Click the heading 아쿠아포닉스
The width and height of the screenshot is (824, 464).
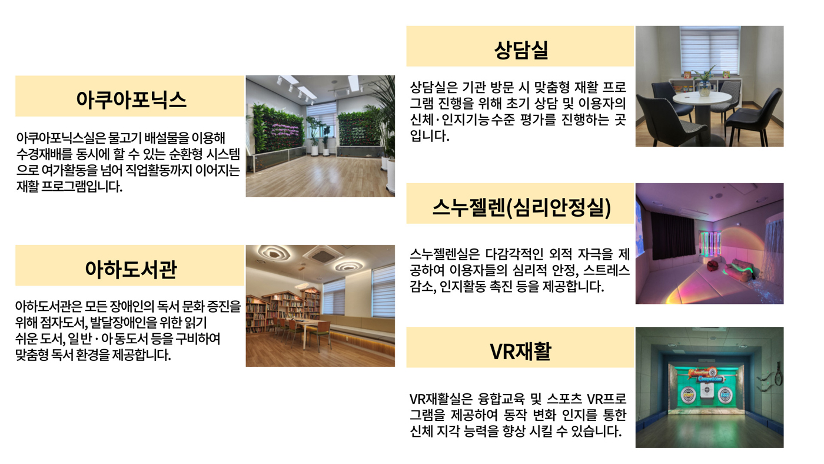click(x=131, y=100)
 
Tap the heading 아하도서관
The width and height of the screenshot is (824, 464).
click(x=131, y=269)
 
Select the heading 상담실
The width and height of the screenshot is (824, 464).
click(x=521, y=49)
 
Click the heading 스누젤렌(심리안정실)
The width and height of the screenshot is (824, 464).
click(x=521, y=207)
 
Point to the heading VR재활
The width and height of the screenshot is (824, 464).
click(x=520, y=351)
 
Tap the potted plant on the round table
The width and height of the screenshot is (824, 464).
click(x=704, y=81)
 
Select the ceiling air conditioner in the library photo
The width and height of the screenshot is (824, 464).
click(x=323, y=254)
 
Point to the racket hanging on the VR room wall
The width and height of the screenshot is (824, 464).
click(x=778, y=373)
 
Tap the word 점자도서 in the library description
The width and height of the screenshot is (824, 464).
click(x=64, y=323)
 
